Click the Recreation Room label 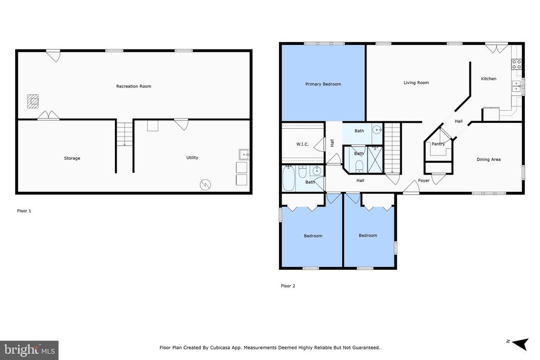tap(133, 86)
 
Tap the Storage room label tap(72, 158)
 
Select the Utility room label tap(192, 158)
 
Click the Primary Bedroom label tap(323, 84)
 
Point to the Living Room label tap(416, 83)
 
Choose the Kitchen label tap(488, 79)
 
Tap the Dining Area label tap(488, 159)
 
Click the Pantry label tap(438, 144)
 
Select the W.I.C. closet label tap(302, 144)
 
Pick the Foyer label tap(423, 180)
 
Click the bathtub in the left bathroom tap(288, 178)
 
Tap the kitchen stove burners tap(516, 64)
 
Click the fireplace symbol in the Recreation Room tap(33, 101)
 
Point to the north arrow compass tap(519, 343)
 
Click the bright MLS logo tap(30, 351)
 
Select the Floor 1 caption tap(24, 211)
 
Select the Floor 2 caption tap(288, 286)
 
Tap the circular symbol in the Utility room tap(205, 185)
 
